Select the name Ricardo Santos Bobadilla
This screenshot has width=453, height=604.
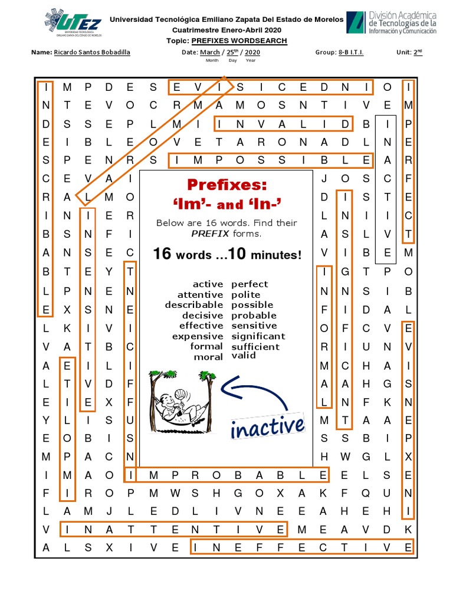pos(92,52)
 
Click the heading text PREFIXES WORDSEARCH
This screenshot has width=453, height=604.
pos(239,41)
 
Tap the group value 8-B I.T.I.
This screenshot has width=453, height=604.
pos(351,52)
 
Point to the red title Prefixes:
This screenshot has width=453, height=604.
pos(227,185)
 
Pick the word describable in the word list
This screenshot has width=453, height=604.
pos(194,305)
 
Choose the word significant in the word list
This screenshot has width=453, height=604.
pos(258,336)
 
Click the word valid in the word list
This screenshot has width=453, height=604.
pos(244,355)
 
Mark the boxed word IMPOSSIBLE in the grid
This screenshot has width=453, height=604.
pos(271,160)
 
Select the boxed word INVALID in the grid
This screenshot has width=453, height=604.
pos(283,124)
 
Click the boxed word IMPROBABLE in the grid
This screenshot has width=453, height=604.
pos(226,475)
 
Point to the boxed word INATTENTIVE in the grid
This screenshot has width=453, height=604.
pos(174,529)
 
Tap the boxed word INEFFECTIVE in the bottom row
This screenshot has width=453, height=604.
pos(301,547)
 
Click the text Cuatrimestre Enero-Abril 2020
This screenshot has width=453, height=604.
pos(226,30)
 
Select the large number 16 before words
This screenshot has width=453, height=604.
pos(162,254)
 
